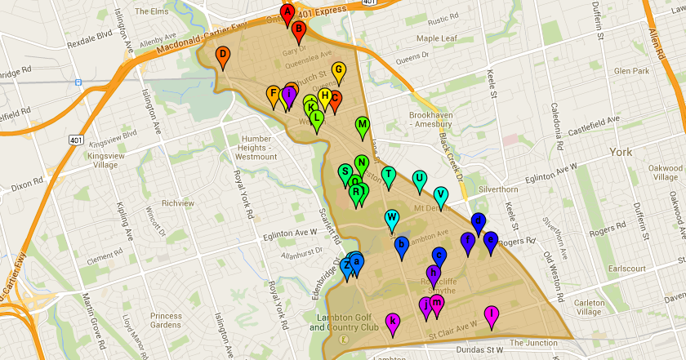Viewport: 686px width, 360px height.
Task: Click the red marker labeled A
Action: tap(287, 12)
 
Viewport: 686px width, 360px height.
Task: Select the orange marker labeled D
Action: tap(222, 56)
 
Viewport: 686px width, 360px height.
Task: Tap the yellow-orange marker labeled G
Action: tap(338, 71)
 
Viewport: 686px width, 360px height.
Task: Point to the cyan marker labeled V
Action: tap(441, 195)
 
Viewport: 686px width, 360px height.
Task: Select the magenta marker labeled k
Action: tap(393, 322)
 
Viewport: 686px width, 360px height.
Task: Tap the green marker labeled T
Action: tap(389, 175)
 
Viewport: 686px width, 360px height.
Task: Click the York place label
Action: tap(621, 153)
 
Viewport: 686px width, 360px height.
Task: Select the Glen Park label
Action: tap(634, 71)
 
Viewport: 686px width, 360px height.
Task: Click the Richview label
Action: tap(178, 203)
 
